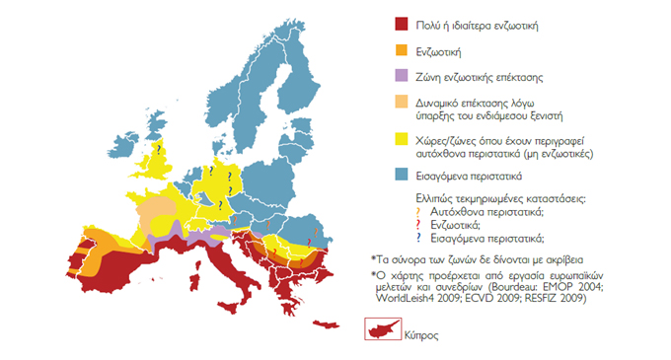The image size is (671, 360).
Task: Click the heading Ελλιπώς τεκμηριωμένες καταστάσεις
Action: (473, 198)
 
